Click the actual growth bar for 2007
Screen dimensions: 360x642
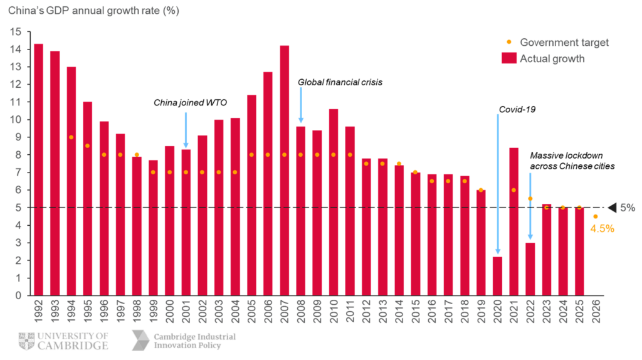tap(284, 169)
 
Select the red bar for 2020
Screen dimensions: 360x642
tap(497, 275)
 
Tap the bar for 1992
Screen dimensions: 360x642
tap(38, 169)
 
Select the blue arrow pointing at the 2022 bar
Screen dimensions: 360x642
tap(530, 206)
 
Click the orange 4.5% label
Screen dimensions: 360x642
tap(602, 229)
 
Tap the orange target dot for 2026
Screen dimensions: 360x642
tap(596, 216)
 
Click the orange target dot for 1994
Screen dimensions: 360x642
tap(71, 137)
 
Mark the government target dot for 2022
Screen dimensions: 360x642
tap(530, 198)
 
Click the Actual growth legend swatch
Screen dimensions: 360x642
tap(509, 58)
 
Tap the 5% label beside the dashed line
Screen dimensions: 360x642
tap(627, 208)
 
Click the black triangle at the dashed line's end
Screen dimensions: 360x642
tap(612, 207)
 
